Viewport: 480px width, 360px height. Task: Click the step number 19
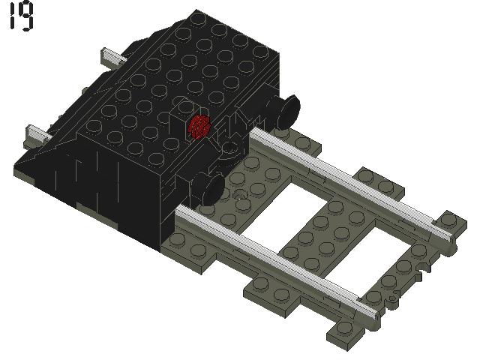tap(21, 17)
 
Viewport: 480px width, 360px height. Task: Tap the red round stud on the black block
tap(199, 127)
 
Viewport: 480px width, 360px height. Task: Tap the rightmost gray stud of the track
tap(450, 219)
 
